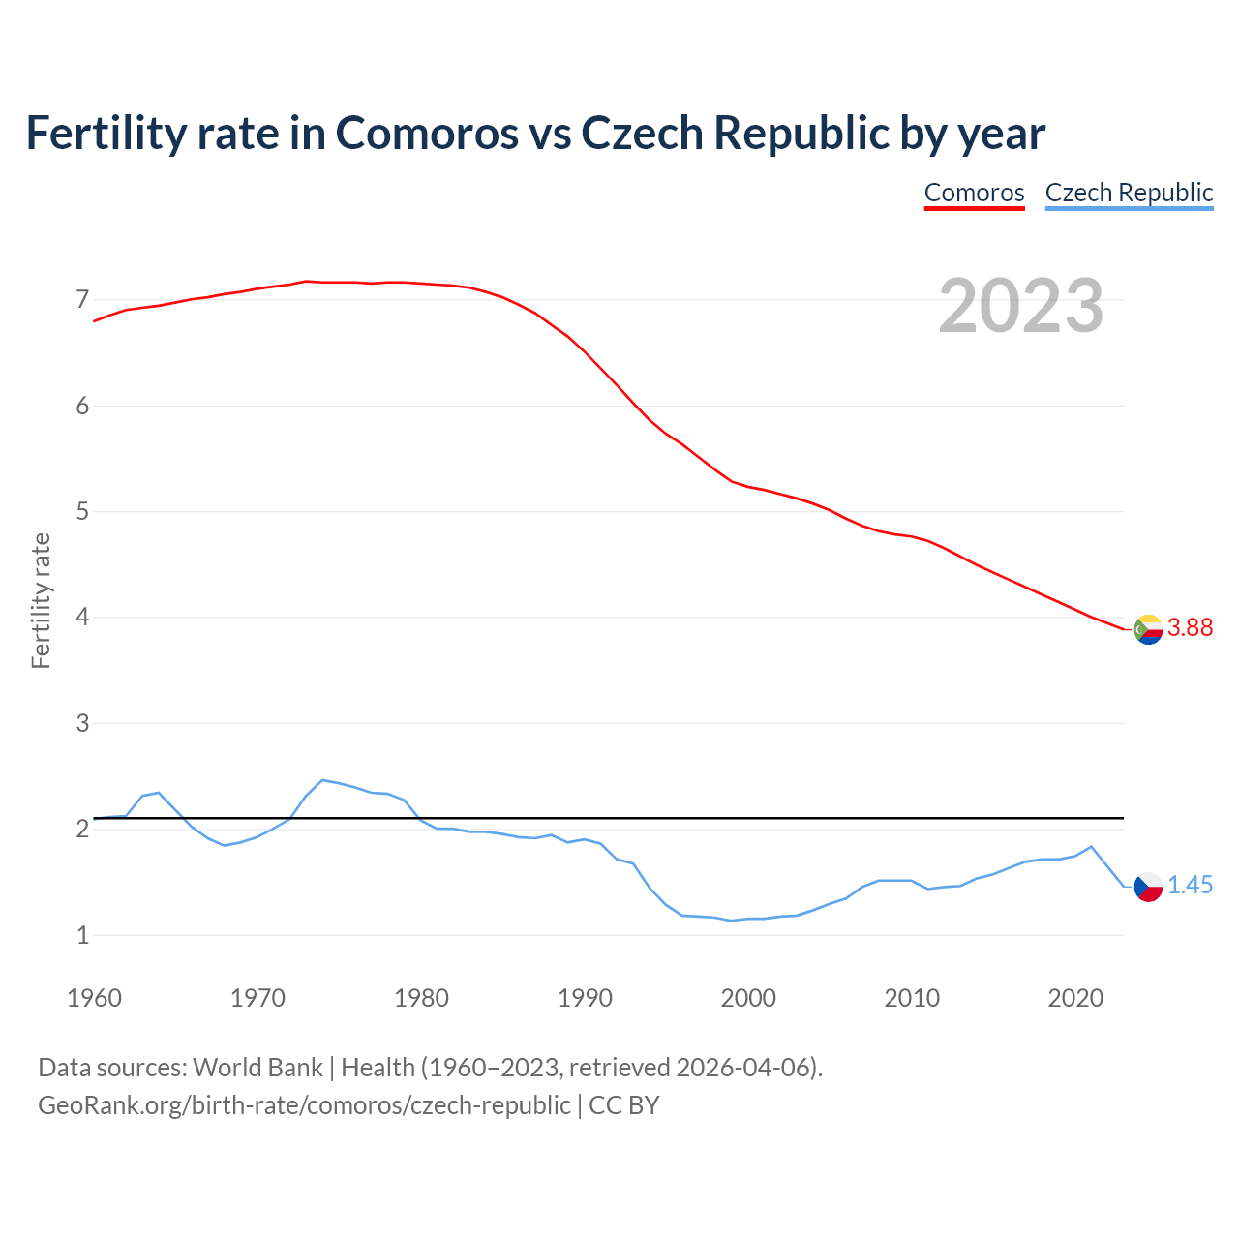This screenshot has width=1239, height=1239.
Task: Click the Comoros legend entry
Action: pyautogui.click(x=974, y=193)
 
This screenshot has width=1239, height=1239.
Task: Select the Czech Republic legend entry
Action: pyautogui.click(x=1129, y=193)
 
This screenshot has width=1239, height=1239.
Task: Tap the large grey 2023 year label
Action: pyautogui.click(x=1021, y=306)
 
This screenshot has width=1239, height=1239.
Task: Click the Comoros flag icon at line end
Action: pyautogui.click(x=1148, y=629)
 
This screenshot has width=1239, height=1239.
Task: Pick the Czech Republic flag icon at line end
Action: pyautogui.click(x=1148, y=887)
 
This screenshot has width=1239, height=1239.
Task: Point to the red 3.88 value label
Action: pyautogui.click(x=1190, y=628)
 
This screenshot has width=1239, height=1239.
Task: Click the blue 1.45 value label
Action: pyautogui.click(x=1190, y=886)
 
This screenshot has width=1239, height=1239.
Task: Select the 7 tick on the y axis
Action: pyautogui.click(x=82, y=300)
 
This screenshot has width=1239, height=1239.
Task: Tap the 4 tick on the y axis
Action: pyautogui.click(x=82, y=618)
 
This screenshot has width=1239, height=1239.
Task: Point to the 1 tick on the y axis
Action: pyautogui.click(x=82, y=935)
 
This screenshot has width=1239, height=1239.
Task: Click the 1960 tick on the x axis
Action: pyautogui.click(x=94, y=998)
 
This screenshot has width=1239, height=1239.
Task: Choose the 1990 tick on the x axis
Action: pyautogui.click(x=585, y=998)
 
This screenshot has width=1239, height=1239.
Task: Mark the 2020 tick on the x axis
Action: pyautogui.click(x=1075, y=998)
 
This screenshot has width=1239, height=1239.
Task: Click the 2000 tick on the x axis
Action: pyautogui.click(x=748, y=998)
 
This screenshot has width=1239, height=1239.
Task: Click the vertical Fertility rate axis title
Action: pyautogui.click(x=41, y=600)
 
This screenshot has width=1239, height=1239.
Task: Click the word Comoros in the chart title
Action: pyautogui.click(x=427, y=134)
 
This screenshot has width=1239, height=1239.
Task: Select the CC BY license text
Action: pyautogui.click(x=624, y=1105)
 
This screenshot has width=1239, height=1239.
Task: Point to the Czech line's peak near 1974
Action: pyautogui.click(x=322, y=779)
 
